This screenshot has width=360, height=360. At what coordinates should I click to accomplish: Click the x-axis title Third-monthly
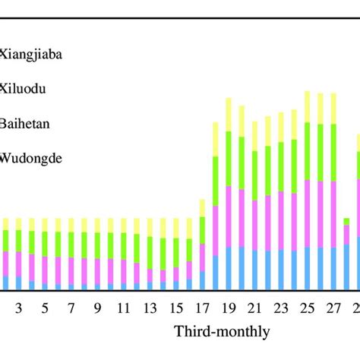click(x=221, y=332)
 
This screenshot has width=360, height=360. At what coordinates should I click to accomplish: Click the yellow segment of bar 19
click(x=229, y=114)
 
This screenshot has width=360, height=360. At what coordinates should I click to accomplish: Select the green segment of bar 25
click(x=307, y=151)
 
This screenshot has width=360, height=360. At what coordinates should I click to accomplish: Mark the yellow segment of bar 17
click(x=202, y=208)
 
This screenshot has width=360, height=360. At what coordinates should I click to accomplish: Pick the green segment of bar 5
click(x=45, y=244)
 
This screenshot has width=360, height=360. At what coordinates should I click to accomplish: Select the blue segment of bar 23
click(x=281, y=270)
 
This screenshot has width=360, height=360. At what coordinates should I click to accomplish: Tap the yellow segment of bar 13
click(x=150, y=227)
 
